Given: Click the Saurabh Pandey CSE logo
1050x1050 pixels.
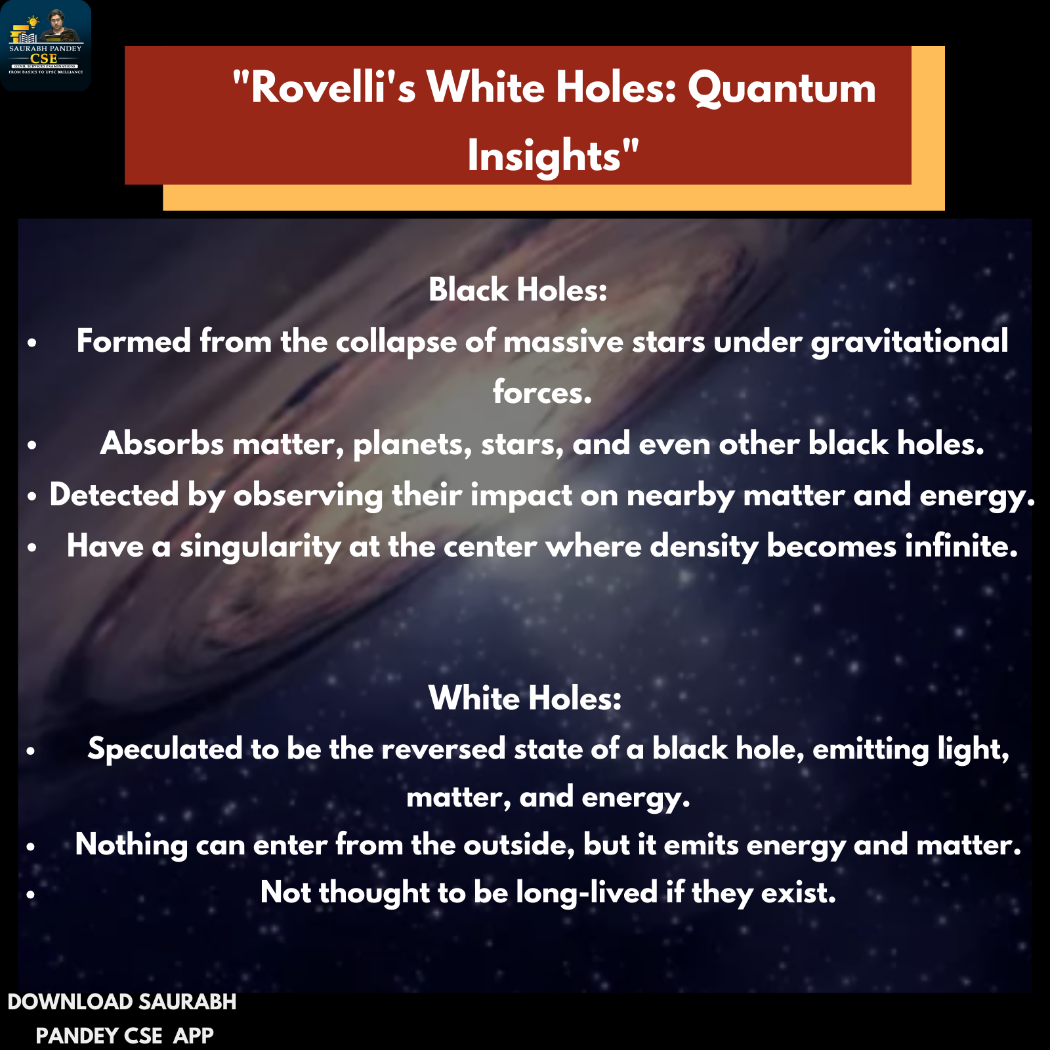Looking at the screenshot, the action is click(45, 45).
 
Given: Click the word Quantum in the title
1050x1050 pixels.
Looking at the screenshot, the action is click(782, 87).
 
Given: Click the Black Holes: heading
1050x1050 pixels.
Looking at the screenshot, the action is click(518, 289).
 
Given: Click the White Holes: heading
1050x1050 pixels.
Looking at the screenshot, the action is click(525, 698).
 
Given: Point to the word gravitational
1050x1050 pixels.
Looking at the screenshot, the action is click(910, 342).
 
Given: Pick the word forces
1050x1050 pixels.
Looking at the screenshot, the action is click(542, 392).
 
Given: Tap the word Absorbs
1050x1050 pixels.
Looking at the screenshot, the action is click(162, 443).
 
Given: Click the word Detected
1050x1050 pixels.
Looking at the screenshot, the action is click(114, 494).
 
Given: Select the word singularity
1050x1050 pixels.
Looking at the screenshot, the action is click(261, 547).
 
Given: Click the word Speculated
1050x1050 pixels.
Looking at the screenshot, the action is click(165, 749).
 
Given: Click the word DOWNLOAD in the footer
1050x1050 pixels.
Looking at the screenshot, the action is click(70, 1002).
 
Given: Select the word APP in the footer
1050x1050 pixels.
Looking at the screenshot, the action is click(194, 1036).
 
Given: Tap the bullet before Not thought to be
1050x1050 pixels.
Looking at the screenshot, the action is click(31, 894).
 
